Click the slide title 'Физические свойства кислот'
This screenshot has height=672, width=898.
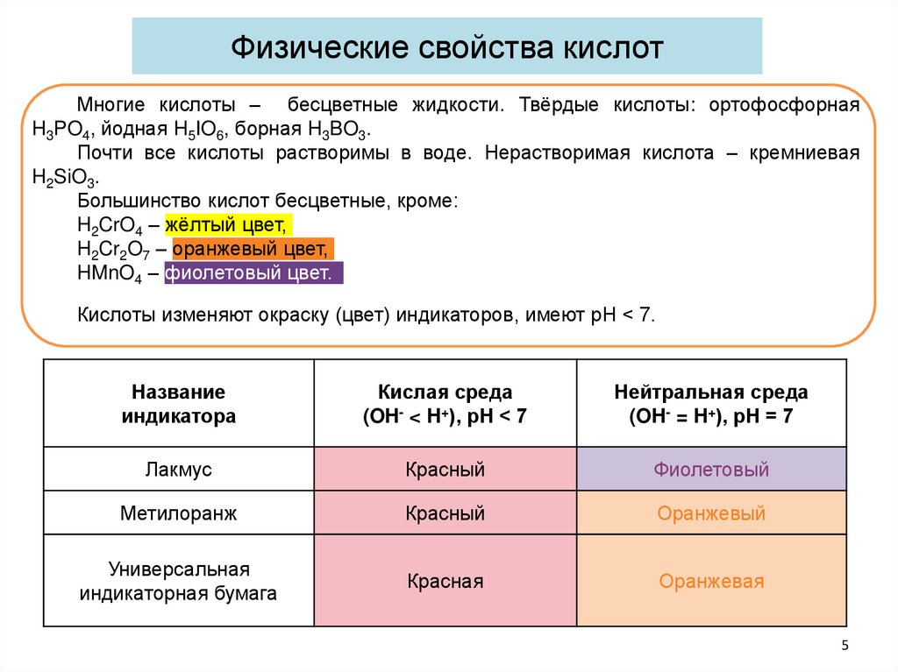[446, 46]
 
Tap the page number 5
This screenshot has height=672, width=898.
[845, 646]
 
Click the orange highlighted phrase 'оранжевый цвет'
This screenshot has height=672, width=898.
[253, 248]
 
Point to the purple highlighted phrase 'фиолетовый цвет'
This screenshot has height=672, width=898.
[251, 272]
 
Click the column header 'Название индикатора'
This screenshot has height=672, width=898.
[179, 404]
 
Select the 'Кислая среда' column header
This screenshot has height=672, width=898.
[445, 404]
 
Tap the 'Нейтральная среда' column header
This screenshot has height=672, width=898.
[711, 404]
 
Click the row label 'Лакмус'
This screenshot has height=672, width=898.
[179, 470]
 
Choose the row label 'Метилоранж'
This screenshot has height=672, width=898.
[179, 513]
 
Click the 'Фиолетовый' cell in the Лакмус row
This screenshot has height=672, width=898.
[711, 470]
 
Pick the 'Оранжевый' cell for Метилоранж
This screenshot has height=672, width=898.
[711, 513]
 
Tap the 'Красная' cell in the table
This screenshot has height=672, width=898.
[445, 581]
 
